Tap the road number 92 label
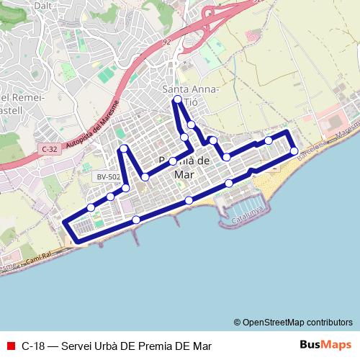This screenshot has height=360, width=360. [166, 42]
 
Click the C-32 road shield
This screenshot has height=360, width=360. [50, 148]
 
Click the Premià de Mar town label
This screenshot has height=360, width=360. [183, 167]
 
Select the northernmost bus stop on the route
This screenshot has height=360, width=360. [177, 99]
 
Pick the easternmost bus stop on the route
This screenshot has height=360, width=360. [294, 150]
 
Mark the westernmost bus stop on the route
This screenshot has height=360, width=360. [91, 207]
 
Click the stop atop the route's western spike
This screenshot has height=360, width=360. [124, 148]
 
